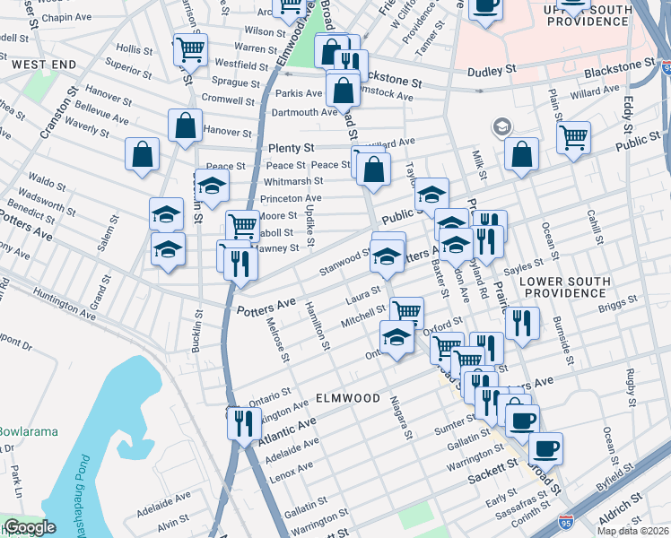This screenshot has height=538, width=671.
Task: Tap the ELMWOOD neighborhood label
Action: pos(348,397)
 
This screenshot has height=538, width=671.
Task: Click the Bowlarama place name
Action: pos(27,431)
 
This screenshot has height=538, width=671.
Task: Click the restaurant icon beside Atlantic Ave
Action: pos(243,422)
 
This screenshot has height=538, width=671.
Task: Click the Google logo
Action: pos(30,528)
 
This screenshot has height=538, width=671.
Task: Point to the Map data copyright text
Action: pos(632,530)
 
